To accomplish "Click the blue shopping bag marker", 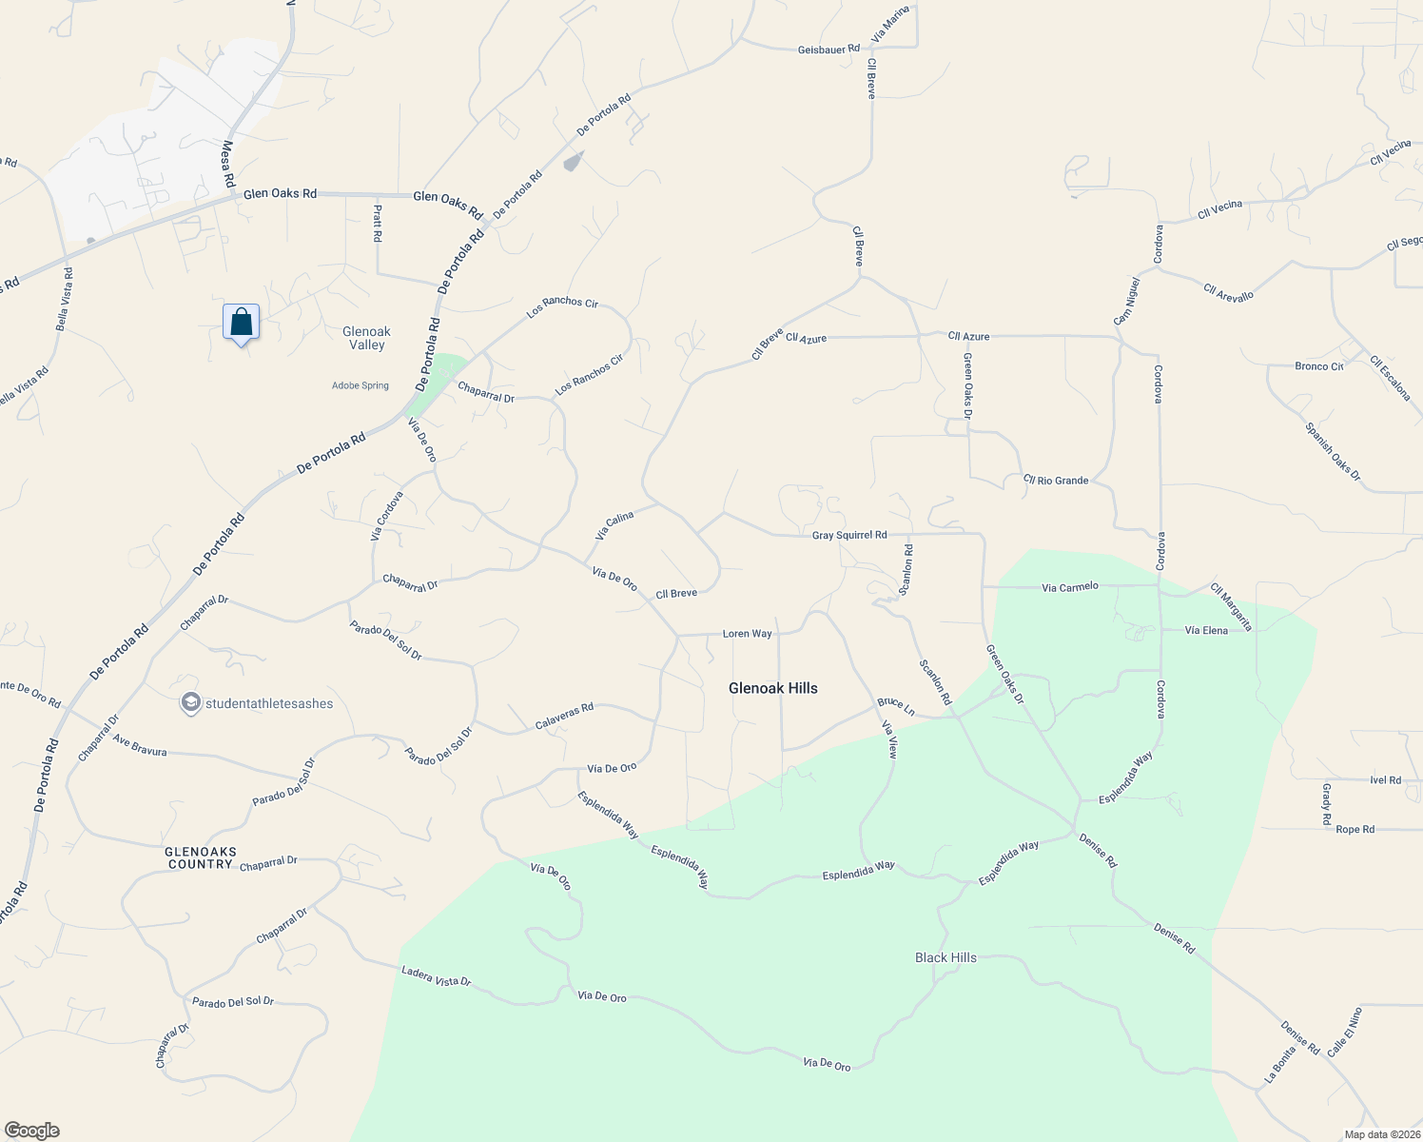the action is coord(242,322).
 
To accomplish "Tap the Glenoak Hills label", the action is coord(772,688).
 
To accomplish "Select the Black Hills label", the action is coord(945,957).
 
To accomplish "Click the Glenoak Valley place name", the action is coord(366,338).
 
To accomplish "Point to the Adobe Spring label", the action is coord(361,385).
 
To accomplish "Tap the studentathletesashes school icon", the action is coord(190,703).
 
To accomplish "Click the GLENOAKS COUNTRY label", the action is coord(200,857).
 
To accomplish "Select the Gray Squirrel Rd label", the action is coord(848,536).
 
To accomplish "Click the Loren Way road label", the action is coord(747,634).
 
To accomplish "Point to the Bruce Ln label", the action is coord(896,707).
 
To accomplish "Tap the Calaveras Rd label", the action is coord(564,717).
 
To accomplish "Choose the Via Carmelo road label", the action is coord(1069,587).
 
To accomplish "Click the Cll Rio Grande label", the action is coord(1056,480).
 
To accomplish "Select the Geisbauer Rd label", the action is coord(828,49).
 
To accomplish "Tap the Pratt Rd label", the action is coord(378,223).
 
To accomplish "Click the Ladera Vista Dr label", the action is coord(436,975).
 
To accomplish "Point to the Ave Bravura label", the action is coord(139,745).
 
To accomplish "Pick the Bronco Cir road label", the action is coord(1318,366).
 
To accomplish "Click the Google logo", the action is coord(31,1131).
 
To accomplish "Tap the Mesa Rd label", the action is coord(227,164).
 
